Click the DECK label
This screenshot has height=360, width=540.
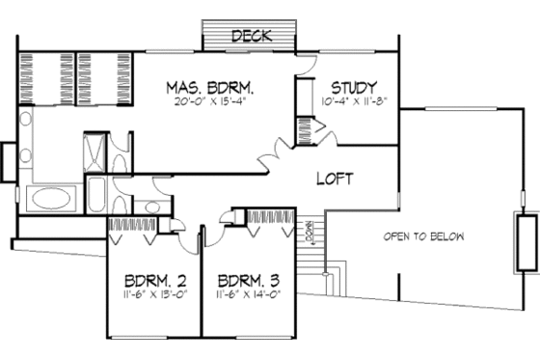coord(252,36)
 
